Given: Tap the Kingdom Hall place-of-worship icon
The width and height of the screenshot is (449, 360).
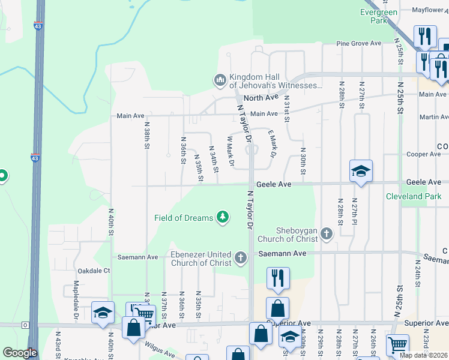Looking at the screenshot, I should point(220,79).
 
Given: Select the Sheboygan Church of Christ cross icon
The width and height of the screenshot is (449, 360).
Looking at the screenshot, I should point(327,233).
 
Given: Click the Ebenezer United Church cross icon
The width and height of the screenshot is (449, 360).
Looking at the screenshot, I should point(241,258).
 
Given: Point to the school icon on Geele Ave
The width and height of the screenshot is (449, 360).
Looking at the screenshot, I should point(361,171).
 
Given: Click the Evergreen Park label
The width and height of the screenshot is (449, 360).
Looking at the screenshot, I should point(379,16).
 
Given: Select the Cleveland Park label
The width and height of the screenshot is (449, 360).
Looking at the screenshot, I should point(414,196).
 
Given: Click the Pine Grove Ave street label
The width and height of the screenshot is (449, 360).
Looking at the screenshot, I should point(359,43).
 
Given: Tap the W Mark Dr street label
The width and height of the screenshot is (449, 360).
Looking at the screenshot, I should point(229,150).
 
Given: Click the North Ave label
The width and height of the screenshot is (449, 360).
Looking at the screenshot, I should point(261,97).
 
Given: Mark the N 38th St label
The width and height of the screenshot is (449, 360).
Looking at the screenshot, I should point(146,136).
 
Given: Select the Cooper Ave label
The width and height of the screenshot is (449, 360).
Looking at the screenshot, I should point(424,154).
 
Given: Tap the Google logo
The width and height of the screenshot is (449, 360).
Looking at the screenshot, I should point(20,353).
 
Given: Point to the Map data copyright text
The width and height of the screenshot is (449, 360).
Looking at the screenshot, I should point(424,355).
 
